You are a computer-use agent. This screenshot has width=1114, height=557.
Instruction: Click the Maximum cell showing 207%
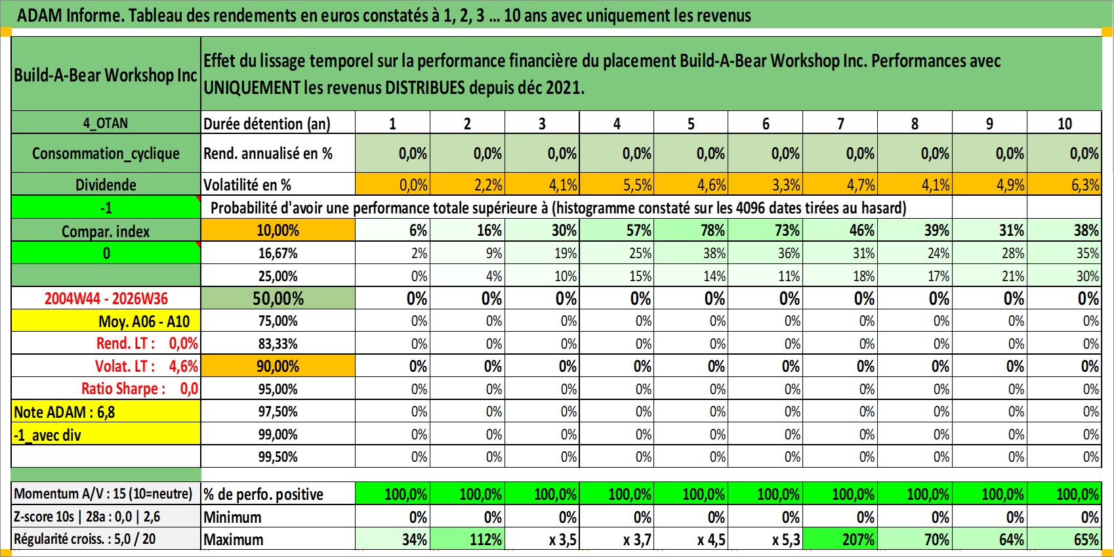[840, 539]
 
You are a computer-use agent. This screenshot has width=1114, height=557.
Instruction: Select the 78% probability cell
[691, 231]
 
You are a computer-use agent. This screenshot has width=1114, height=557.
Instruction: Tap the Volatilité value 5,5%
[617, 185]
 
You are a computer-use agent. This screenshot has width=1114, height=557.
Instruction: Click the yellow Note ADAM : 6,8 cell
[106, 412]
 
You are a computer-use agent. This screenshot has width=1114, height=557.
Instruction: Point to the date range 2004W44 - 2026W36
[106, 298]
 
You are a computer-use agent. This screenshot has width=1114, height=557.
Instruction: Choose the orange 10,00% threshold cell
[278, 231]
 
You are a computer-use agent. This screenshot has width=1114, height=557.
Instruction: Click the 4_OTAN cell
[106, 123]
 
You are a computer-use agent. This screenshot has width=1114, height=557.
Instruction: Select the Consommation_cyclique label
[106, 153]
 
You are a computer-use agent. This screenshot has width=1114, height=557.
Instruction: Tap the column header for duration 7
[840, 123]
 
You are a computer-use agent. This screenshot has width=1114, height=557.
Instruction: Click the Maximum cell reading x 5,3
[766, 539]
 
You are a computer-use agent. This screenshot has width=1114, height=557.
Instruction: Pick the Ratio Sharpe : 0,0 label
[140, 389]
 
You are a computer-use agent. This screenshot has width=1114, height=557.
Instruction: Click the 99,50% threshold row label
[278, 457]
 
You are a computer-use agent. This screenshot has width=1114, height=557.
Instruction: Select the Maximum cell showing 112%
[468, 539]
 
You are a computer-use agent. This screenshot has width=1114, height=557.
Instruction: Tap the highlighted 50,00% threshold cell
[278, 298]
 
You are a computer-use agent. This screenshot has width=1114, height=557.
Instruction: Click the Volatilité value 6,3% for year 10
[1064, 185]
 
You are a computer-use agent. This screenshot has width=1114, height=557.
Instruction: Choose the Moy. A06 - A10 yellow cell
[106, 321]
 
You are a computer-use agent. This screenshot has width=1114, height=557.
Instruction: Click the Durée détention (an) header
[267, 123]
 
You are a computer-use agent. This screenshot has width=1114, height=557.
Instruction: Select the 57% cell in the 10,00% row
[617, 231]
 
